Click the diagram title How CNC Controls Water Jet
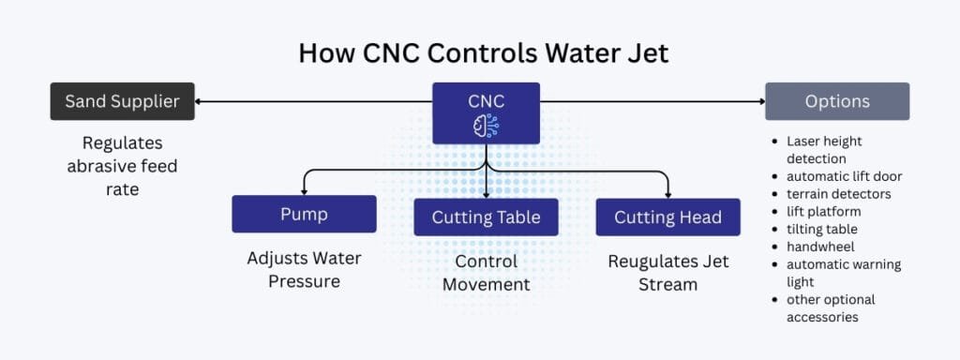484,52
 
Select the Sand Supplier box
122,101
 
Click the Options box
837,101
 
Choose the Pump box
304,214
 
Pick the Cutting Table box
486,217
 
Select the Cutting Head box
667,217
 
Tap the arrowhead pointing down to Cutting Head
667,193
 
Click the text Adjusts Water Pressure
304,269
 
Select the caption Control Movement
486,273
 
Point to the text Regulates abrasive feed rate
122,165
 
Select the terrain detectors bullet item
838,194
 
